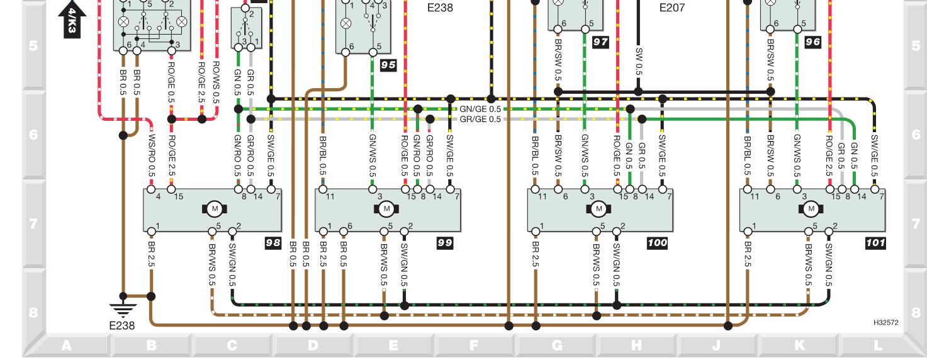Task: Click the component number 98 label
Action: [x=272, y=242]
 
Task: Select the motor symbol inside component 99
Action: [x=387, y=208]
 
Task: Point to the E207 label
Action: [x=671, y=8]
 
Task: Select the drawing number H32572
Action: [x=886, y=322]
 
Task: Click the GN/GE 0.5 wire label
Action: [x=481, y=108]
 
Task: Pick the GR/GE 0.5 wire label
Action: [x=481, y=118]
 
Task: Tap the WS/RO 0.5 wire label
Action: [x=151, y=154]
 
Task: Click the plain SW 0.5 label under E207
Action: [x=638, y=62]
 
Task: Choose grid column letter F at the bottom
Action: [x=474, y=345]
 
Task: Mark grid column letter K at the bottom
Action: [x=799, y=345]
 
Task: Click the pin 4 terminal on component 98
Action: [x=151, y=188]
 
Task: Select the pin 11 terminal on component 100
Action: [x=535, y=188]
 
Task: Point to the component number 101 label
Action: [x=875, y=242]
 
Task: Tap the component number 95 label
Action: [x=388, y=64]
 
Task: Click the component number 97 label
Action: [x=601, y=41]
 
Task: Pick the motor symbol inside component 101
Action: [x=811, y=208]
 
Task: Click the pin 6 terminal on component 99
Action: [x=343, y=231]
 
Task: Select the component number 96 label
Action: [x=813, y=41]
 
